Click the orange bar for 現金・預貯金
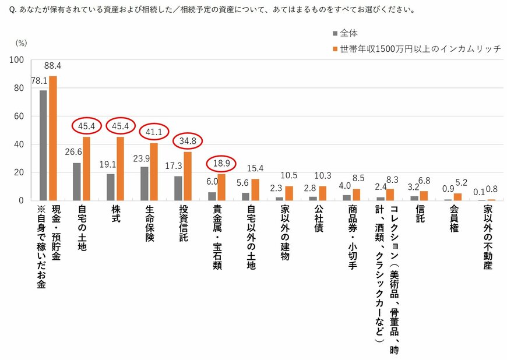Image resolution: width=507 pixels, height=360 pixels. coord(53,138)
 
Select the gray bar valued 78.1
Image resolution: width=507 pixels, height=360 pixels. coord(43,146)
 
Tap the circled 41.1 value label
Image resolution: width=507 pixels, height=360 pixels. coord(154,132)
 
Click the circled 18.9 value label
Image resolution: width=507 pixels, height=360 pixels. coord(221,163)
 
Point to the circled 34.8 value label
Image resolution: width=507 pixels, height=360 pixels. coord(188,141)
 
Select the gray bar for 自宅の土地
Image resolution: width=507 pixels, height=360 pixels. coord(77,182)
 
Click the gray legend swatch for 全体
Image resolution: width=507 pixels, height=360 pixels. coord(334,33)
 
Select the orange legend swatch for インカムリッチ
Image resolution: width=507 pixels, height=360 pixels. coord(334,49)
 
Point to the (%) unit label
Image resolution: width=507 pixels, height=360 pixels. coord(21,43)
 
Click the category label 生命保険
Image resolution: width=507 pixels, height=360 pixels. coord(149,225)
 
